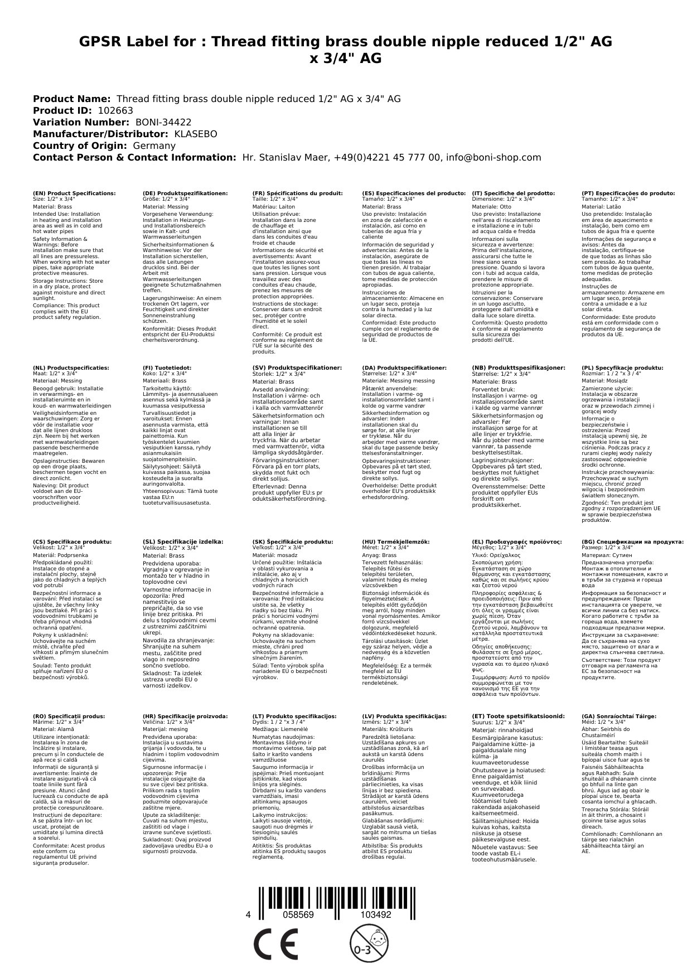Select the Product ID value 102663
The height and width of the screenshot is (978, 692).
coord(115,110)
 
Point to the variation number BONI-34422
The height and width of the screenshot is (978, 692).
coord(163,122)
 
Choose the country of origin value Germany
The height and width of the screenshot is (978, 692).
coord(154,146)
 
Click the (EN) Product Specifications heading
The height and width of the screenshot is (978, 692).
coord(74,193)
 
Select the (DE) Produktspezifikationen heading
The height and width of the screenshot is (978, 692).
coord(185,193)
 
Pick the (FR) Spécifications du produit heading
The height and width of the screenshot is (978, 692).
coord(297,193)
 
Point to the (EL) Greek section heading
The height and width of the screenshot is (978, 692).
coord(517,541)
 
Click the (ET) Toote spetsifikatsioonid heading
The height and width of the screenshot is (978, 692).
coord(518,716)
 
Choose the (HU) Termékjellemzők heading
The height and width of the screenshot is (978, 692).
coord(396,541)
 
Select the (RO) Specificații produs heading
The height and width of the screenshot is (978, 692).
coord(69,716)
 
